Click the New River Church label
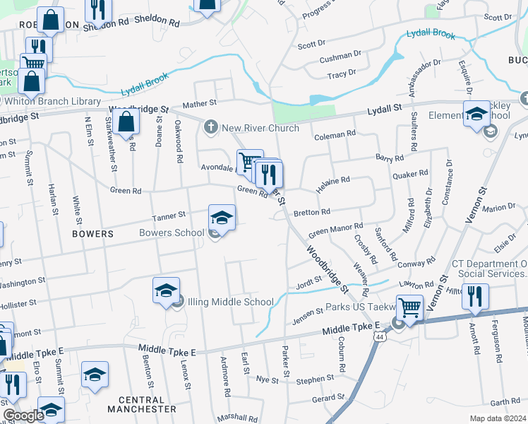coord(260,128)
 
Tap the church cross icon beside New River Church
coord(210,128)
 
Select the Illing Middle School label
coord(224,302)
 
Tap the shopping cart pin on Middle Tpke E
coord(410,307)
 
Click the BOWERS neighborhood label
coord(92,233)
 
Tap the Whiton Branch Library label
coord(53,102)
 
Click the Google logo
coord(23,416)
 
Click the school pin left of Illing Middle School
coord(166,291)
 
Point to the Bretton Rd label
coord(311,212)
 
